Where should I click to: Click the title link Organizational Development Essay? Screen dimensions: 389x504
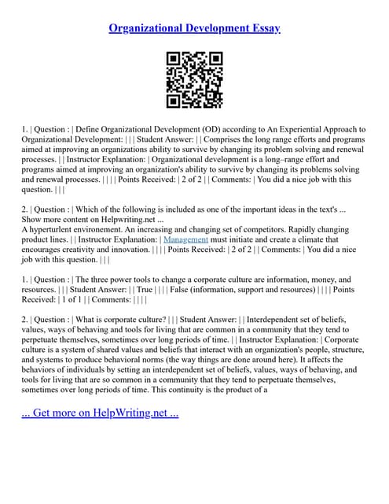coord(194,28)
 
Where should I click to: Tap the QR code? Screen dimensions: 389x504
coord(194,80)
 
